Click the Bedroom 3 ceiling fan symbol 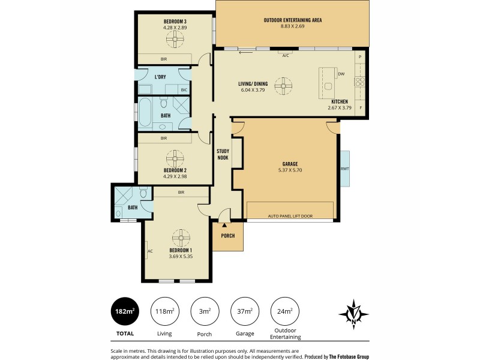tap(175, 40)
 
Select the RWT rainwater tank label tap(344, 169)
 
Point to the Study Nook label tap(223, 154)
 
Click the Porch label tap(227, 235)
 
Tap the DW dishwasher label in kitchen tap(341, 74)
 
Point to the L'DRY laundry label tap(160, 77)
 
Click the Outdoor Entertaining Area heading tap(293, 20)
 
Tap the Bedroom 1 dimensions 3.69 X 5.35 tap(180, 256)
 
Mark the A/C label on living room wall tap(286, 55)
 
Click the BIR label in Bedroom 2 tap(163, 138)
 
